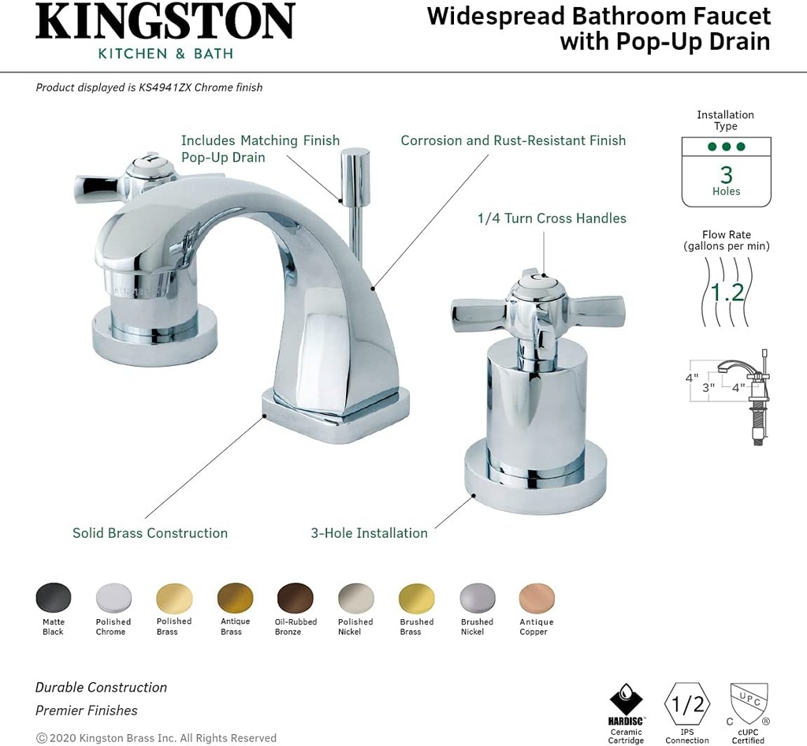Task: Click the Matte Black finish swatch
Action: [x=54, y=598]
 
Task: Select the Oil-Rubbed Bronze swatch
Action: [x=295, y=598]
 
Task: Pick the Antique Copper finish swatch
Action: [x=537, y=598]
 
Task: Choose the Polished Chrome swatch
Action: [x=113, y=598]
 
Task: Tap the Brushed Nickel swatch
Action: [x=477, y=598]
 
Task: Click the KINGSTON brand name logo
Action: [x=165, y=22]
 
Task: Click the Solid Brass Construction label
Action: [x=150, y=533]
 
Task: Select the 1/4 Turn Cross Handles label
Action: [x=552, y=218]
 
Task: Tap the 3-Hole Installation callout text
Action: [x=369, y=533]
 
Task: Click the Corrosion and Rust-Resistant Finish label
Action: [x=513, y=140]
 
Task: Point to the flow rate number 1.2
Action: [x=727, y=293]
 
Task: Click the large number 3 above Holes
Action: [x=727, y=174]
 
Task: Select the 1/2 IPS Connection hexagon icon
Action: [x=687, y=703]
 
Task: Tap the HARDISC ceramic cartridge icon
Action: [x=627, y=699]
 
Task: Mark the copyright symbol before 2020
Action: [x=41, y=738]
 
